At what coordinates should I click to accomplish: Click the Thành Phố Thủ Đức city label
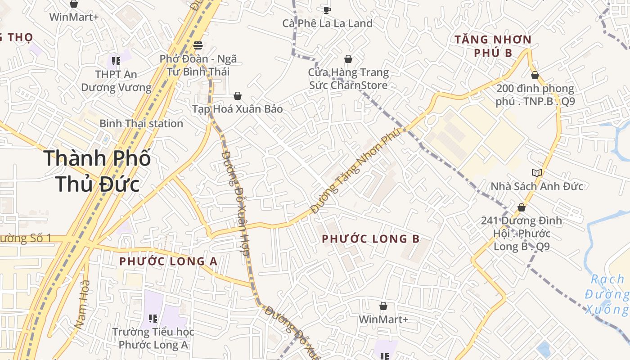point(97,171)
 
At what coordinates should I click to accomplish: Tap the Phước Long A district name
point(168,261)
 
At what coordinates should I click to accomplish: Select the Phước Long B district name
point(371,239)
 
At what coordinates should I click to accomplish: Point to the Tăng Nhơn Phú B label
point(493,46)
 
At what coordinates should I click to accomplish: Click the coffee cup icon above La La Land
point(327,9)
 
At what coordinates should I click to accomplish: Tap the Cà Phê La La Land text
point(327,23)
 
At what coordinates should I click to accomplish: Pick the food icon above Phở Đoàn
point(197,45)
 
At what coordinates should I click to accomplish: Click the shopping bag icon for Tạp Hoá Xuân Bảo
point(238,96)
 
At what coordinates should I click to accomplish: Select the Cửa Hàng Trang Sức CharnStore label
point(348,78)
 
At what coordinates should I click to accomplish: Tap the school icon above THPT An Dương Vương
point(116,60)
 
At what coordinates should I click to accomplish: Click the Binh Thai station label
point(141,123)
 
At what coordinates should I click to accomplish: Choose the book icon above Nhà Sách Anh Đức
point(536,173)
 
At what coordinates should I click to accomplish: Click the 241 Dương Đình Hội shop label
point(522,233)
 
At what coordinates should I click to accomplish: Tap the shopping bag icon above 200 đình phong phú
point(535,75)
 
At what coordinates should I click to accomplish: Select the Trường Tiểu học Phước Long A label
point(153,338)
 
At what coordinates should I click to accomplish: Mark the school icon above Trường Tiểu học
point(153,319)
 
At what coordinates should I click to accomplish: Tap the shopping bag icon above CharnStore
point(348,59)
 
